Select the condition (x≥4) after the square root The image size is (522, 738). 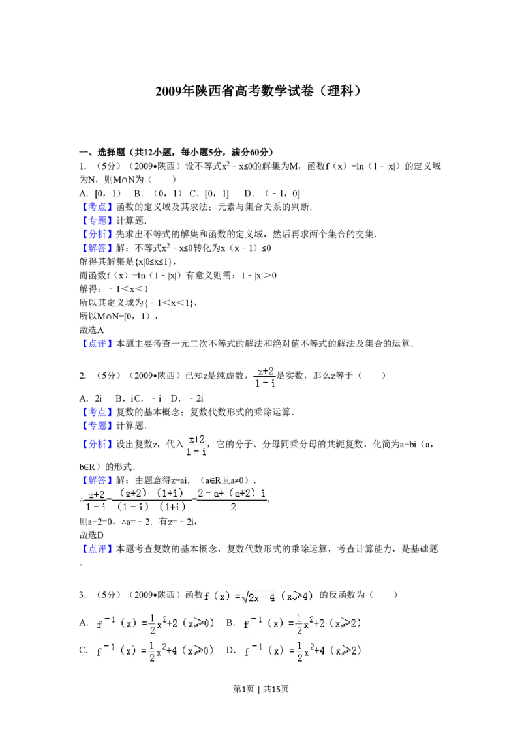pos(298,596)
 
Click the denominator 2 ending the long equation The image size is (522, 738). pos(233,507)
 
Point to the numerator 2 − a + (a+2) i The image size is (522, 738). pos(232,494)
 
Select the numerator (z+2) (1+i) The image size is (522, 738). pos(151,494)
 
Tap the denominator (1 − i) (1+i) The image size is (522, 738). pos(151,507)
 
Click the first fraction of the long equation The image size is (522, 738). pos(97,501)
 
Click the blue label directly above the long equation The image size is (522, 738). pos(97,480)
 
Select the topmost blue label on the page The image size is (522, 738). pos(97,207)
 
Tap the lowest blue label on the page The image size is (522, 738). pos(97,550)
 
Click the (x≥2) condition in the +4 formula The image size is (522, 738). pos(346,651)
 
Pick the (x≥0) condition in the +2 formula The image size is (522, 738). pos(198,624)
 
